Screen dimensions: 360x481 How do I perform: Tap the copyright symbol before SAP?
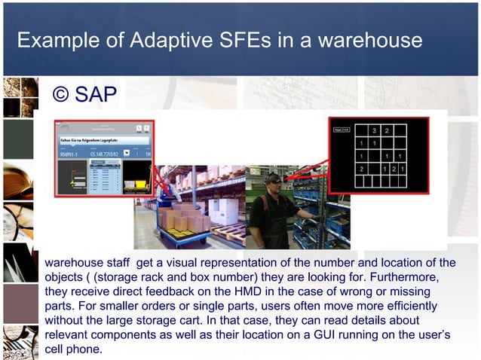pyautogui.click(x=61, y=95)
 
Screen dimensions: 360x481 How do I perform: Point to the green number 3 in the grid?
pyautogui.click(x=374, y=131)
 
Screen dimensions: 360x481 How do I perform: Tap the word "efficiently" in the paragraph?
pyautogui.click(x=408, y=307)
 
